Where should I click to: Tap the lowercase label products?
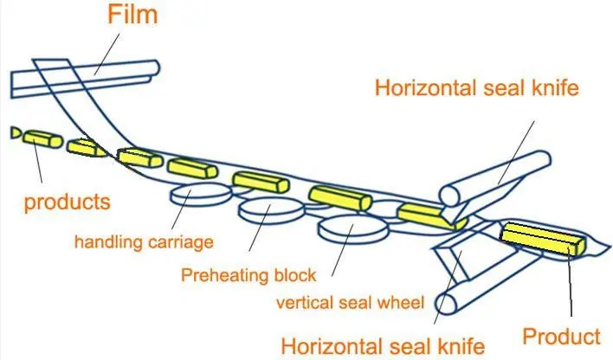click(67, 202)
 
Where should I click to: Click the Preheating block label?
click(248, 275)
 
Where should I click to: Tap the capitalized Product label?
click(562, 335)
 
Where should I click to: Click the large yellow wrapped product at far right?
click(542, 238)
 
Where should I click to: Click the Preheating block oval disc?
click(272, 209)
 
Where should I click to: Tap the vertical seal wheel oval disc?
click(351, 228)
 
